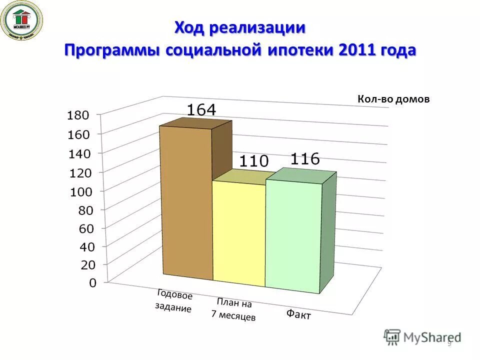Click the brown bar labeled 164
[186, 200]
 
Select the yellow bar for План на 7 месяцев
[239, 232]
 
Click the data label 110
[254, 161]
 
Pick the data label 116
[304, 158]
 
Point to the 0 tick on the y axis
[92, 283]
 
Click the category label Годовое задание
[173, 301]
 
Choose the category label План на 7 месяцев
[233, 309]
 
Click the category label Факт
[298, 314]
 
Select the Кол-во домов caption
[393, 99]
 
